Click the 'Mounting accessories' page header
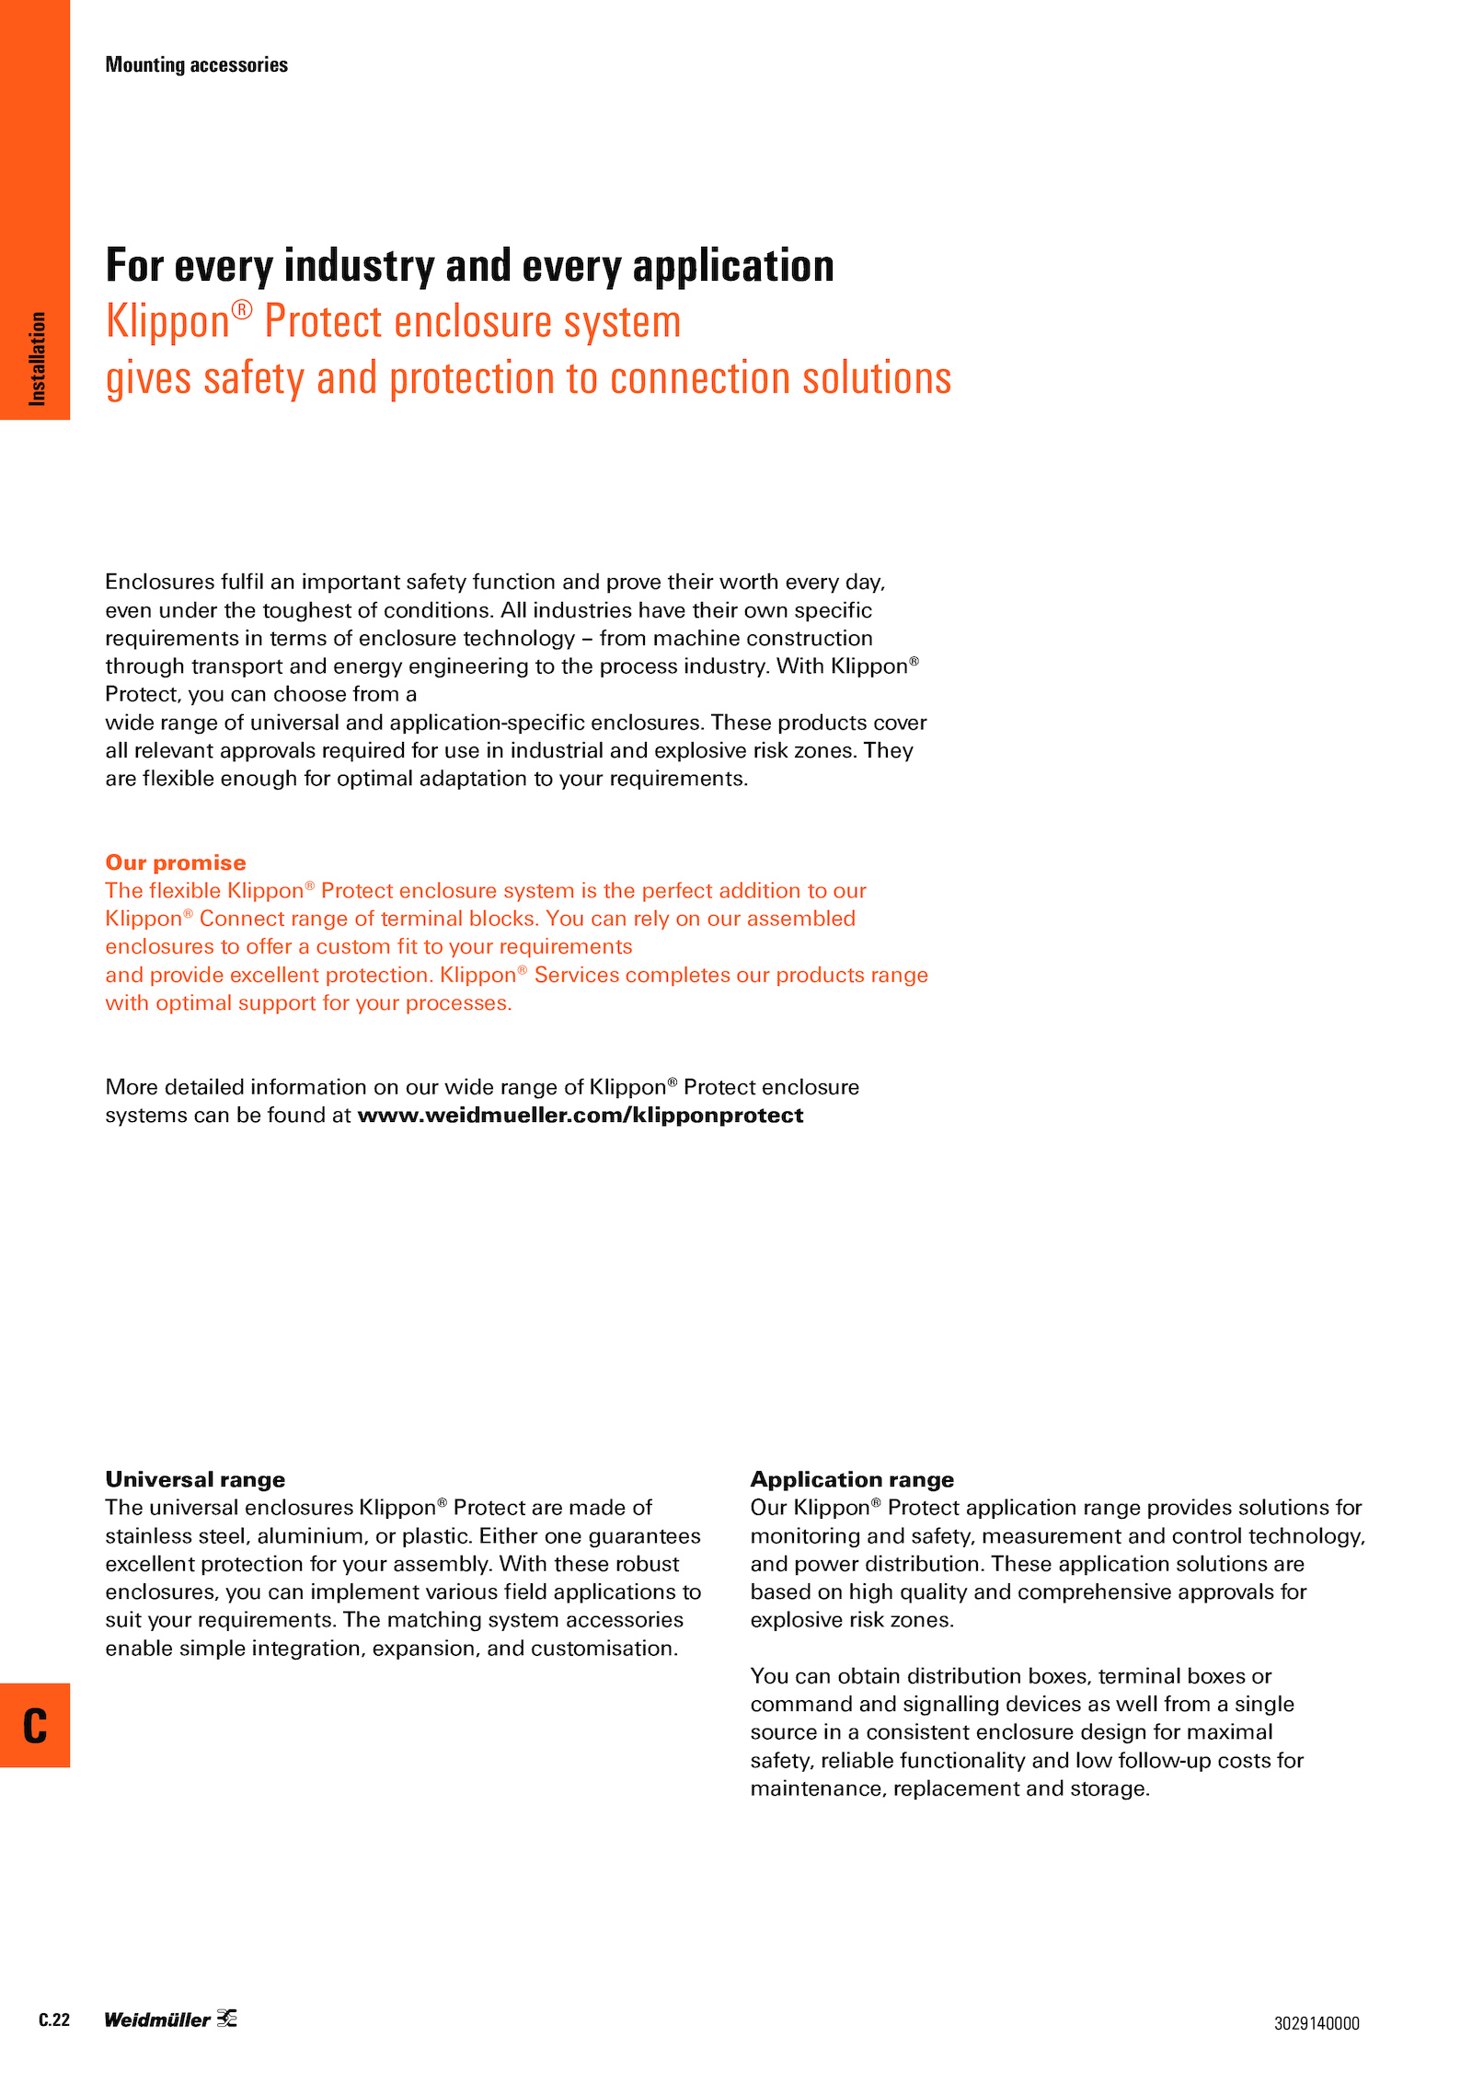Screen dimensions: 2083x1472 tap(196, 64)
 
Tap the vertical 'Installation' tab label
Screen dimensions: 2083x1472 tap(37, 358)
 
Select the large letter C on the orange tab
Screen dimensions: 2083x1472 tap(35, 1726)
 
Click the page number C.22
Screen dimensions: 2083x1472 tap(54, 2019)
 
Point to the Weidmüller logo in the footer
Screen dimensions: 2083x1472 tap(170, 2019)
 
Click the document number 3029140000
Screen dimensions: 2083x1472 tap(1316, 2023)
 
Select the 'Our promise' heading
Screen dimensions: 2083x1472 tap(176, 862)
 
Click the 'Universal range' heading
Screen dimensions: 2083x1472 tap(195, 1479)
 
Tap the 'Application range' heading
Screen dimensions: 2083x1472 tap(852, 1479)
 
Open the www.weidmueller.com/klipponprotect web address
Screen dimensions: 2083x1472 tap(580, 1116)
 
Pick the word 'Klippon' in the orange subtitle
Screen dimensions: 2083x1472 tap(167, 322)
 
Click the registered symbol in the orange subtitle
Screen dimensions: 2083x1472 tap(241, 309)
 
